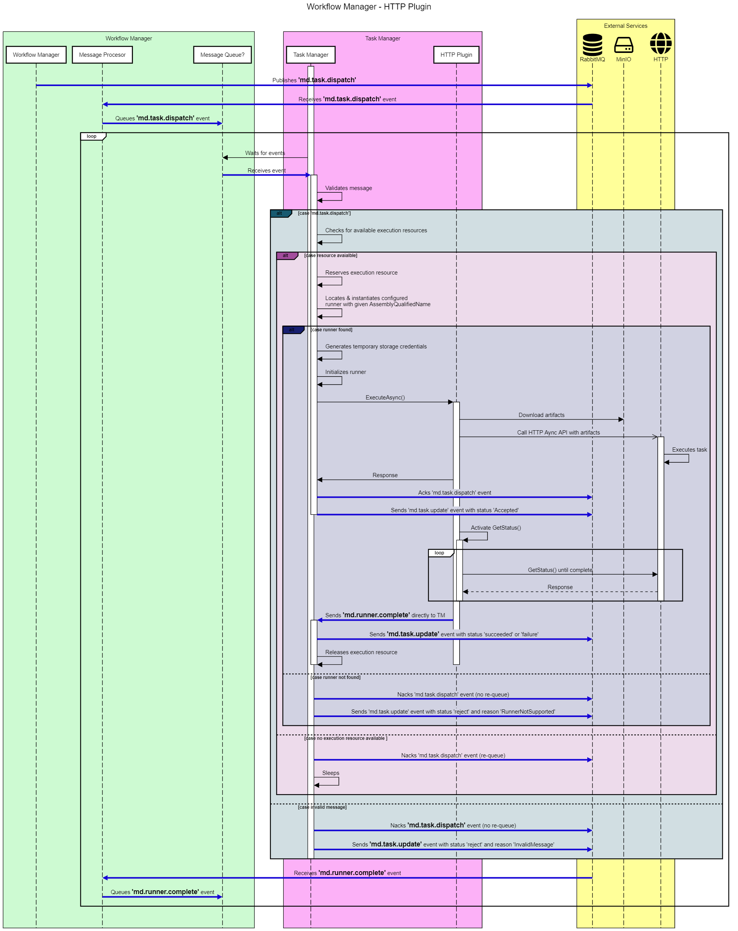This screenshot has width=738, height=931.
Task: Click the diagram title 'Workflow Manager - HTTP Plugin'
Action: [x=368, y=6]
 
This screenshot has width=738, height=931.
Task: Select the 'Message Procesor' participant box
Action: [x=102, y=55]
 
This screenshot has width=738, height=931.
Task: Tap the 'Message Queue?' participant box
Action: [x=222, y=55]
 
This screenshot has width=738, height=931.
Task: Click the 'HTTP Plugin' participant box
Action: [x=456, y=55]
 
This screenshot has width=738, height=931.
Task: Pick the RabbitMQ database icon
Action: [x=592, y=44]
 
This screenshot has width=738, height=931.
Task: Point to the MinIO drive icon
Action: [x=623, y=45]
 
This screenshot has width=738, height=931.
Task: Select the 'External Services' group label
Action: [x=625, y=26]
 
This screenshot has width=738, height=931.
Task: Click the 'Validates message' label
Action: [x=348, y=188]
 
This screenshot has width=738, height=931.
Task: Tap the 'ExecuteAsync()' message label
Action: [x=385, y=397]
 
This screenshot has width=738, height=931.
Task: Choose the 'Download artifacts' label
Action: [x=541, y=415]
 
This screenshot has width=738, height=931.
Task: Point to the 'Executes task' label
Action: [x=689, y=450]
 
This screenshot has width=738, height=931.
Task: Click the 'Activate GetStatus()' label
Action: [x=496, y=528]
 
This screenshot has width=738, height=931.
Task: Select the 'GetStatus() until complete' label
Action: [x=560, y=570]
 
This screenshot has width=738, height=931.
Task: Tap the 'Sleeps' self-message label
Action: [x=331, y=773]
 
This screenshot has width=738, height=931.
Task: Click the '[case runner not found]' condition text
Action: [x=335, y=677]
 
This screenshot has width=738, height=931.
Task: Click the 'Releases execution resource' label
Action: [x=361, y=652]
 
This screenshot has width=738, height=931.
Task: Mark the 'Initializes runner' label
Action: [x=345, y=372]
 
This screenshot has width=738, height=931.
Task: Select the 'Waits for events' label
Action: [x=265, y=153]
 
